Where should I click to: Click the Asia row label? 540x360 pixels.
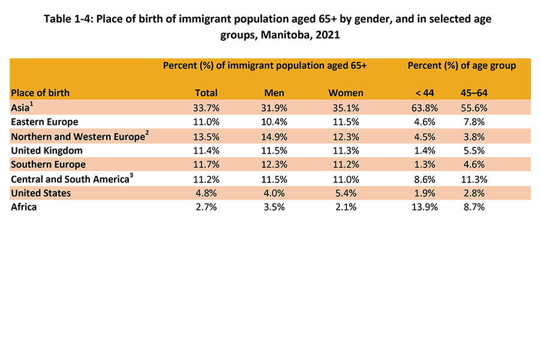(x=22, y=109)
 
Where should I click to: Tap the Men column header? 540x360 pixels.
(x=274, y=93)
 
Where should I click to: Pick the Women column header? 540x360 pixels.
(x=346, y=93)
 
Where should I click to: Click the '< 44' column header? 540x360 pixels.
(x=424, y=93)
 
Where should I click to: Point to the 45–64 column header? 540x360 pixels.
(x=473, y=93)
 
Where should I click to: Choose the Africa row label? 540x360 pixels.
(x=24, y=207)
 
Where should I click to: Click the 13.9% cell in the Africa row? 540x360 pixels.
(x=424, y=207)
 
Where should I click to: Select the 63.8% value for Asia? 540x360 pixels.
(x=424, y=109)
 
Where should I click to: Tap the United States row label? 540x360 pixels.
(x=41, y=193)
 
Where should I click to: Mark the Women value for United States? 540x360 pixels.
(x=346, y=193)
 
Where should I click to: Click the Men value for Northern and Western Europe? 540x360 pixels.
(x=274, y=137)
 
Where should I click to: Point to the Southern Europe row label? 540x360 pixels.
(x=48, y=165)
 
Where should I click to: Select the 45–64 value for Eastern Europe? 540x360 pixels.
(x=473, y=122)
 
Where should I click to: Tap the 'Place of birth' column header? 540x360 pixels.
(x=40, y=93)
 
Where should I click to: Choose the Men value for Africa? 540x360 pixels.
(x=274, y=207)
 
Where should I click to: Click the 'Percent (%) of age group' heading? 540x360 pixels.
(x=461, y=65)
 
